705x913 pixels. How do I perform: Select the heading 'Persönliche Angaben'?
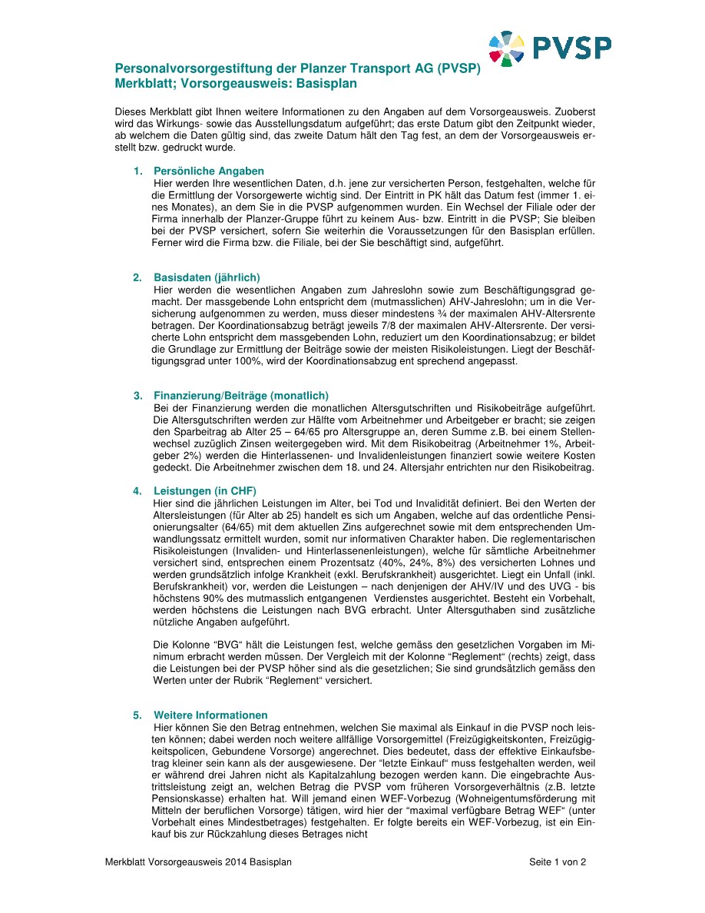(209, 171)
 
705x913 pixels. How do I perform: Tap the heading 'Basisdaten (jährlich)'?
(207, 277)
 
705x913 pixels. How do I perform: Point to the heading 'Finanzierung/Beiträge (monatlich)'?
(241, 396)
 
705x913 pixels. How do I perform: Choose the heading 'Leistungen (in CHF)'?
(205, 490)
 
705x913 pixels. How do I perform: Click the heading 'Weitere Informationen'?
(210, 715)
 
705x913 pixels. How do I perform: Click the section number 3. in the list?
(137, 396)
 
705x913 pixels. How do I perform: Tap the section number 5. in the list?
(137, 715)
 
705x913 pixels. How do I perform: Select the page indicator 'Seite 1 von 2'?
(558, 862)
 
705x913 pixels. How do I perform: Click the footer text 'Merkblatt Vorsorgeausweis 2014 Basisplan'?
(198, 862)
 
